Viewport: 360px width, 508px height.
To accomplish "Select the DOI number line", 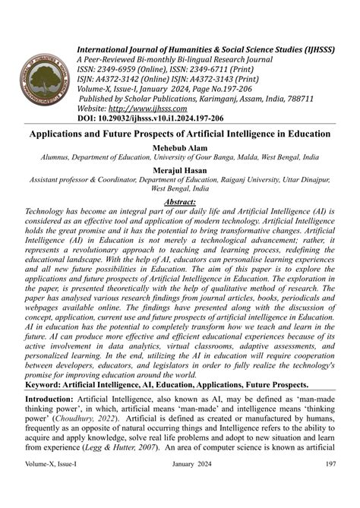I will pos(152,118).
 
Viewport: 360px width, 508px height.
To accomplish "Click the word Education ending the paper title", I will pos(301,134).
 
